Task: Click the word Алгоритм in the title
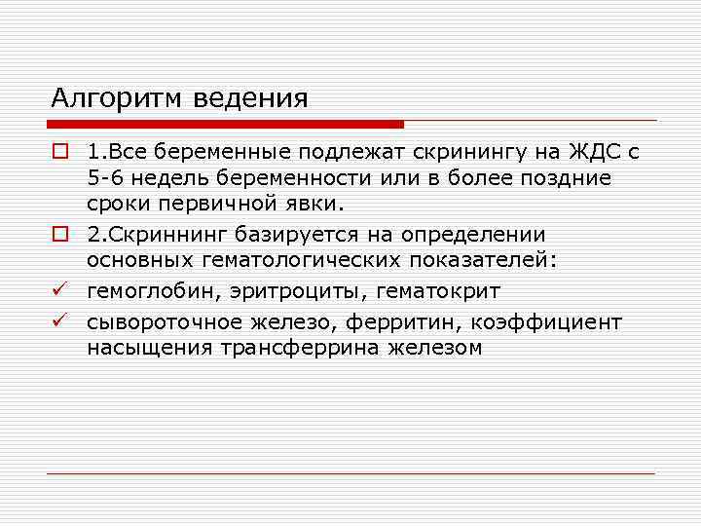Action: point(113,98)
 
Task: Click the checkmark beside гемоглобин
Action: point(58,289)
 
